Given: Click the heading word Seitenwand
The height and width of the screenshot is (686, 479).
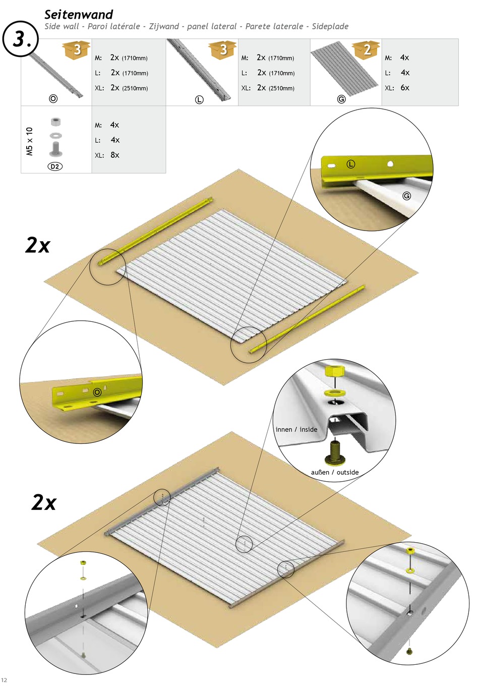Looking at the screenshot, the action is click(x=79, y=15).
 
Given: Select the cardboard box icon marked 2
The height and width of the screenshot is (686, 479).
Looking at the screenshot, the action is click(x=366, y=49).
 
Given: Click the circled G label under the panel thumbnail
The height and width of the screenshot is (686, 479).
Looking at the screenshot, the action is click(x=341, y=99).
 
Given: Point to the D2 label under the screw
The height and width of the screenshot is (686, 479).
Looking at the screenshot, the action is click(x=55, y=166).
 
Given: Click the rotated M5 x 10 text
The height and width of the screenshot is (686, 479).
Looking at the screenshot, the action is click(x=29, y=141).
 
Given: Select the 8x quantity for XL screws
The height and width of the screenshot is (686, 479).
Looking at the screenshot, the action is click(x=115, y=155).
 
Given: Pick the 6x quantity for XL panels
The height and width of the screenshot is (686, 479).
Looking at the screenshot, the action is click(x=404, y=88).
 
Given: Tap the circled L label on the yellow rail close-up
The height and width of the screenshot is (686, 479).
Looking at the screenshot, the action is click(x=351, y=164).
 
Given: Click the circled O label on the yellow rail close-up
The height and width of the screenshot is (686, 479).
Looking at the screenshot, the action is click(x=97, y=392).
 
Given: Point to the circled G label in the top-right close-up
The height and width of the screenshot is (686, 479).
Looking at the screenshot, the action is click(x=406, y=196).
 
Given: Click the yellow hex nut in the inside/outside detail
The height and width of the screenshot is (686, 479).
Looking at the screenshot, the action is click(x=336, y=371).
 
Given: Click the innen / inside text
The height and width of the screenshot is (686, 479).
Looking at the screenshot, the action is click(x=296, y=429).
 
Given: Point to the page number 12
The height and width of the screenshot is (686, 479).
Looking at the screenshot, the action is click(x=4, y=680).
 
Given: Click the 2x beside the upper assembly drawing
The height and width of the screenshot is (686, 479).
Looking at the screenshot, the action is click(x=37, y=245).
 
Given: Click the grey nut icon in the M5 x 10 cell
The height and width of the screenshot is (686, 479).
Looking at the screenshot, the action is click(x=55, y=122).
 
